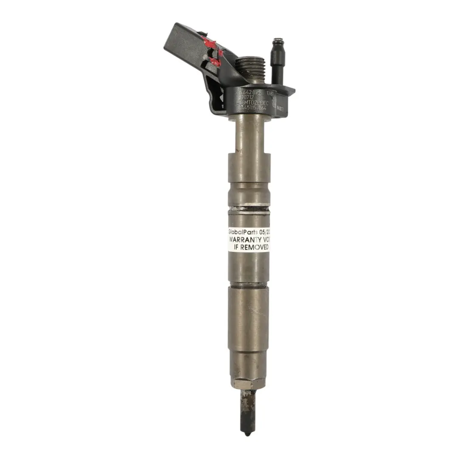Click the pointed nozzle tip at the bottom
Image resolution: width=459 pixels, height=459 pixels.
coord(247,433)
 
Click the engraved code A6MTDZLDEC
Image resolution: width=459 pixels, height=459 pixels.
coord(254,102)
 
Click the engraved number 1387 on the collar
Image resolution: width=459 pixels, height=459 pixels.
coord(270,92)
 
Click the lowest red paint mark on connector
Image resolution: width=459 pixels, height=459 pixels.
coord(215,62)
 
